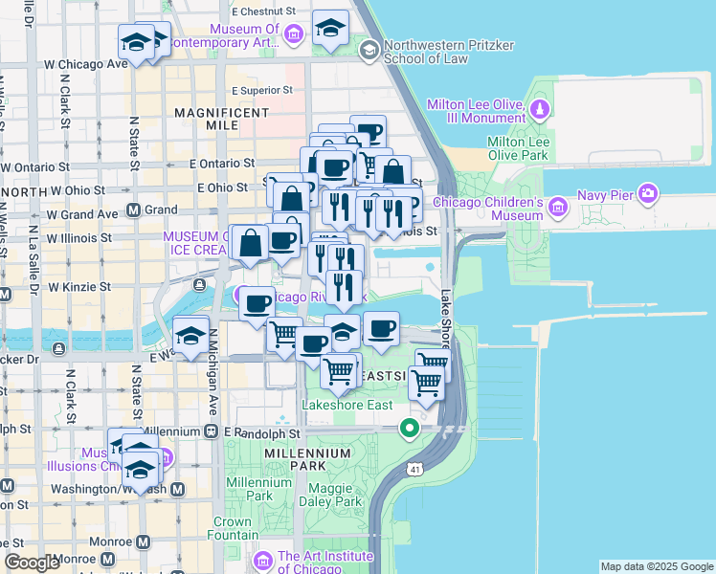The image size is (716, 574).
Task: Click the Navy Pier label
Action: [606, 196]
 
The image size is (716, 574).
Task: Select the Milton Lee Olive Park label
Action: [517, 147]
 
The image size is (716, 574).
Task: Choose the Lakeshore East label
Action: [347, 406]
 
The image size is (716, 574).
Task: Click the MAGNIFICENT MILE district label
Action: [222, 113]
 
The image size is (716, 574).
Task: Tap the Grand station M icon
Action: [134, 210]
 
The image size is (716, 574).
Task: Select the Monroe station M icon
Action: [144, 542]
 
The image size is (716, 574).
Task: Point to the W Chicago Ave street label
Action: [85, 64]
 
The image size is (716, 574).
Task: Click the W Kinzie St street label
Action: [79, 286]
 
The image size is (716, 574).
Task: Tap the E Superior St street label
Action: [261, 91]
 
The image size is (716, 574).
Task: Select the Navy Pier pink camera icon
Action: [650, 195]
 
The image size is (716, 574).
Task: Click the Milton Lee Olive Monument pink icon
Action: [541, 108]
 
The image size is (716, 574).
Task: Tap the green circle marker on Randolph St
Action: [410, 428]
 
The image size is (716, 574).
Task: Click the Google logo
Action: [32, 563]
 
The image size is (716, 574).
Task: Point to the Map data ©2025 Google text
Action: [657, 566]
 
